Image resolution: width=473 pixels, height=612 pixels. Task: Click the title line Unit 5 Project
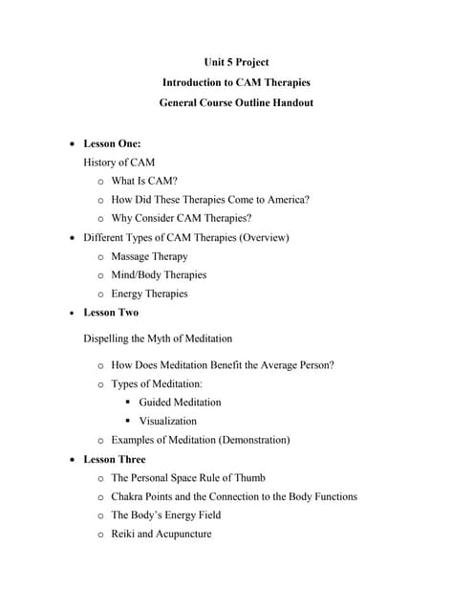(x=236, y=63)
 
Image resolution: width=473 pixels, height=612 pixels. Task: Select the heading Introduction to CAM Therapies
(x=236, y=82)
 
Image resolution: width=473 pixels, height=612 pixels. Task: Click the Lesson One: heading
(x=112, y=144)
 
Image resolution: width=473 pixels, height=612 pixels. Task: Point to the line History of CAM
(x=119, y=163)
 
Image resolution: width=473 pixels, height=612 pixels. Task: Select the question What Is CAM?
(x=144, y=181)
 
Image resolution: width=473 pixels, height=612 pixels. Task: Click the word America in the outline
(x=284, y=200)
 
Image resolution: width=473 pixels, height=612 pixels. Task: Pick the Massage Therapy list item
(x=149, y=256)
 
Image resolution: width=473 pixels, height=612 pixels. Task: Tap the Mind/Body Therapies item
(x=159, y=275)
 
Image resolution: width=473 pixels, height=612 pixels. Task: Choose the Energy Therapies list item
(x=149, y=294)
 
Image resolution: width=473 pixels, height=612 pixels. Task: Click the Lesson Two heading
(x=111, y=313)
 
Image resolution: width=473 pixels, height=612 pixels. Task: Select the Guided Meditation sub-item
(x=180, y=403)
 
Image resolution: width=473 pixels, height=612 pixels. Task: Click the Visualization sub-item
(x=168, y=421)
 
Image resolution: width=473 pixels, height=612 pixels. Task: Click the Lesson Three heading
(x=115, y=459)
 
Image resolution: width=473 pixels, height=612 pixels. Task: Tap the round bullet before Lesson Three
(x=74, y=460)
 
